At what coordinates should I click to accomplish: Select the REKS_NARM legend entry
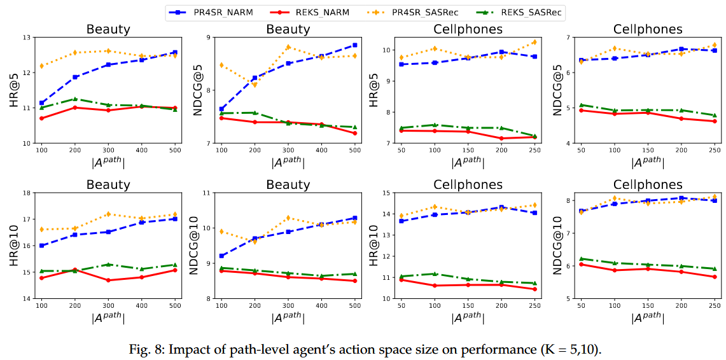(x=311, y=11)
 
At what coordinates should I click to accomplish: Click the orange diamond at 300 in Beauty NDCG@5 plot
(x=288, y=47)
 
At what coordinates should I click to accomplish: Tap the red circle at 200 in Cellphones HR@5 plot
(x=501, y=138)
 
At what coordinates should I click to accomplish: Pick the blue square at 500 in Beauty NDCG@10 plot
(x=354, y=218)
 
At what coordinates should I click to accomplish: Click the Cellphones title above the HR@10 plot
(x=468, y=185)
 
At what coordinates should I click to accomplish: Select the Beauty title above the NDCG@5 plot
(x=288, y=30)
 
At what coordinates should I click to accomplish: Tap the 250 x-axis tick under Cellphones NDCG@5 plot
(x=714, y=149)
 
